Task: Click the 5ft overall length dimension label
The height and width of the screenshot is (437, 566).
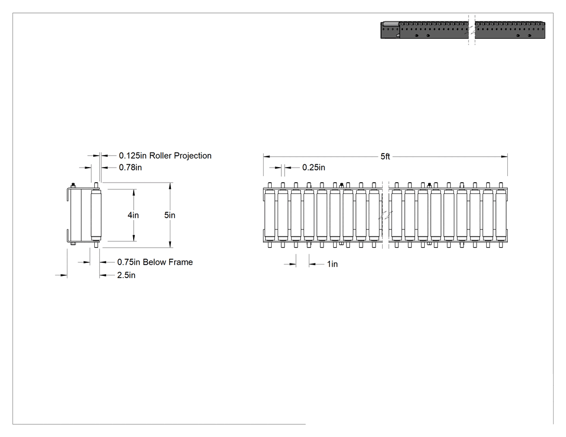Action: tap(385, 157)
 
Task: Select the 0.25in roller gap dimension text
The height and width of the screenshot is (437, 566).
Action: tap(314, 168)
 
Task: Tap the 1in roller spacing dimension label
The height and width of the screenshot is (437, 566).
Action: tap(333, 264)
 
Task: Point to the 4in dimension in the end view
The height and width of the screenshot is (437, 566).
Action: tap(133, 215)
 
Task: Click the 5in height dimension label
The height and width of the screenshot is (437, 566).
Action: tap(170, 215)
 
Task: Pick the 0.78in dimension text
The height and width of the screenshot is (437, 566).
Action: tap(130, 168)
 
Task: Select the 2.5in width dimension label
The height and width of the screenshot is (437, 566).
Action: tap(126, 275)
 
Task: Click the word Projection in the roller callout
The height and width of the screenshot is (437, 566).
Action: tap(193, 156)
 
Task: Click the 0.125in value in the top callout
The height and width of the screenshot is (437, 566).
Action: tap(133, 156)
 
